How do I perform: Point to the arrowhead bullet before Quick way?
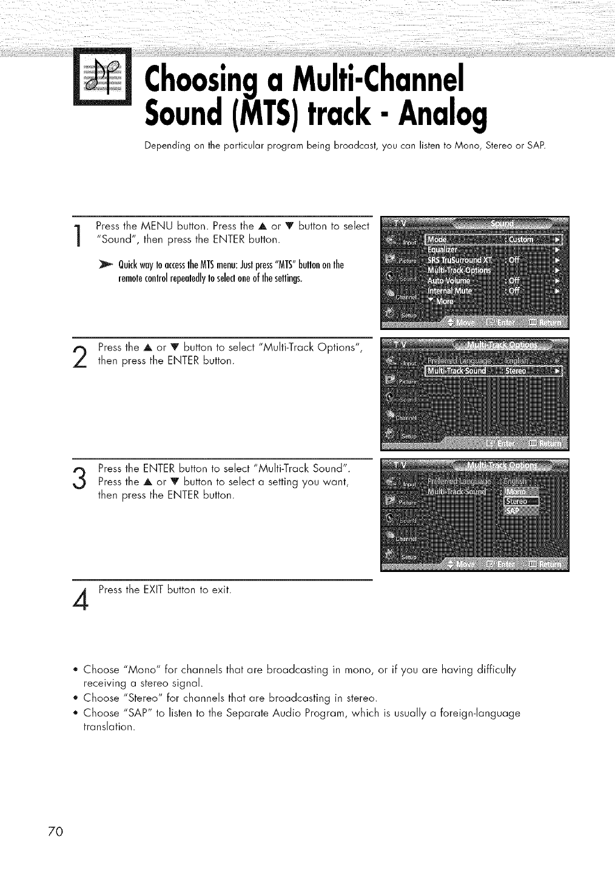(111, 266)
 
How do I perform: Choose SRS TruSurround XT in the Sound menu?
(460, 260)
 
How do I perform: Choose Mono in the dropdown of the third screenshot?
(517, 491)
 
